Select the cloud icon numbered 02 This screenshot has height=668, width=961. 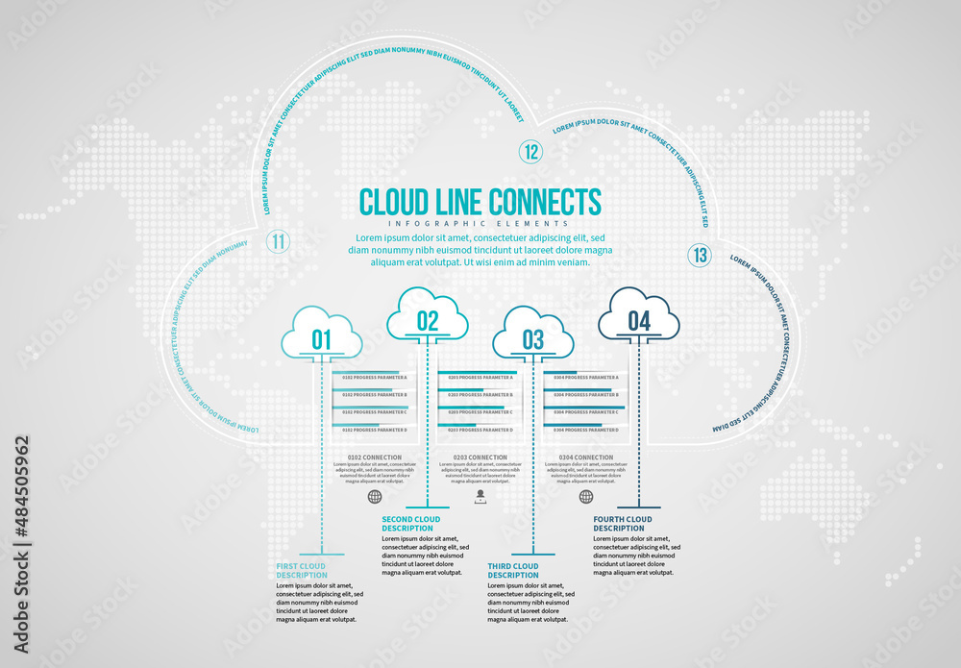click(428, 315)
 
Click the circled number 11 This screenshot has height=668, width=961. click(278, 241)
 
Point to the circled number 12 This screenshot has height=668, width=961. click(530, 151)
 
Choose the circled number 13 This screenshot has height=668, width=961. click(700, 255)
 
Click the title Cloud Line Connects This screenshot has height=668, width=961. click(480, 202)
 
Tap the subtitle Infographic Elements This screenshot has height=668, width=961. click(480, 224)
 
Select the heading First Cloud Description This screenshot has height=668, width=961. click(302, 570)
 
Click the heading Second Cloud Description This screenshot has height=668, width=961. click(411, 524)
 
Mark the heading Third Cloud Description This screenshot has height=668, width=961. click(514, 570)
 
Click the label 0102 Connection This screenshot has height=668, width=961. click(375, 458)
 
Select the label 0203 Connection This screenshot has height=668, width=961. click(480, 458)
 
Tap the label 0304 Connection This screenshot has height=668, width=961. click(585, 458)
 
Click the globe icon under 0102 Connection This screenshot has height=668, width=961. click(375, 496)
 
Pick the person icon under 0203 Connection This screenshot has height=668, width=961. click(480, 496)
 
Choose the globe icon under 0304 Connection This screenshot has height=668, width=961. click(586, 496)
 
